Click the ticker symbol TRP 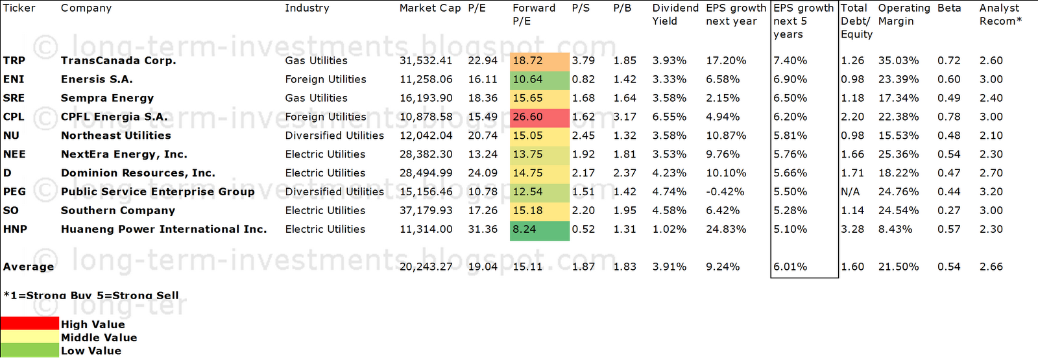14,60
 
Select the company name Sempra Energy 107,98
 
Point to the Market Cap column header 429,8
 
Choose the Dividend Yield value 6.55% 669,117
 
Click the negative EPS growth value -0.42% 725,191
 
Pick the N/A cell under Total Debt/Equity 850,191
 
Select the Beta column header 949,8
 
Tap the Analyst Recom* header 1000,15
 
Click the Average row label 29,267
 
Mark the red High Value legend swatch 30,323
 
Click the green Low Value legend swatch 30,350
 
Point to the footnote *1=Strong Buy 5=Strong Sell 91,295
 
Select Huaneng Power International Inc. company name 163,229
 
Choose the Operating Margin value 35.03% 898,60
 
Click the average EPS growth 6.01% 790,267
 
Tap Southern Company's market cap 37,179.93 426,210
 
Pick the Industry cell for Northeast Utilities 334,136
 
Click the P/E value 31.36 483,229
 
